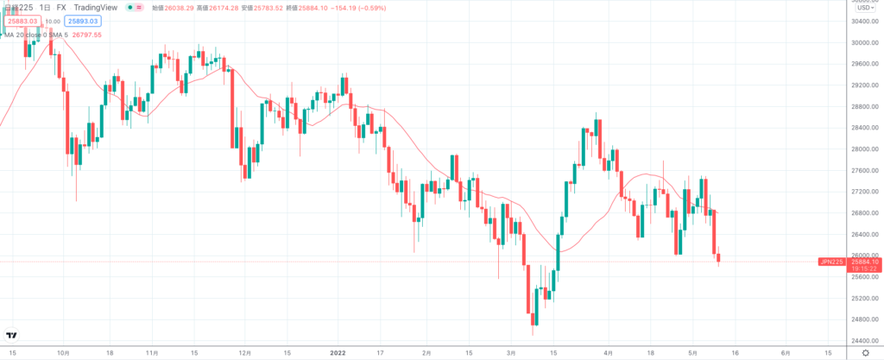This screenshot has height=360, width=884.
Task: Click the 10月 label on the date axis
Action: pos(62,353)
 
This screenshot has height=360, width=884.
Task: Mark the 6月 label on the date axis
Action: pos(784,353)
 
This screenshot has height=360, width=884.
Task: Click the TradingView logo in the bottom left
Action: pos(13,335)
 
